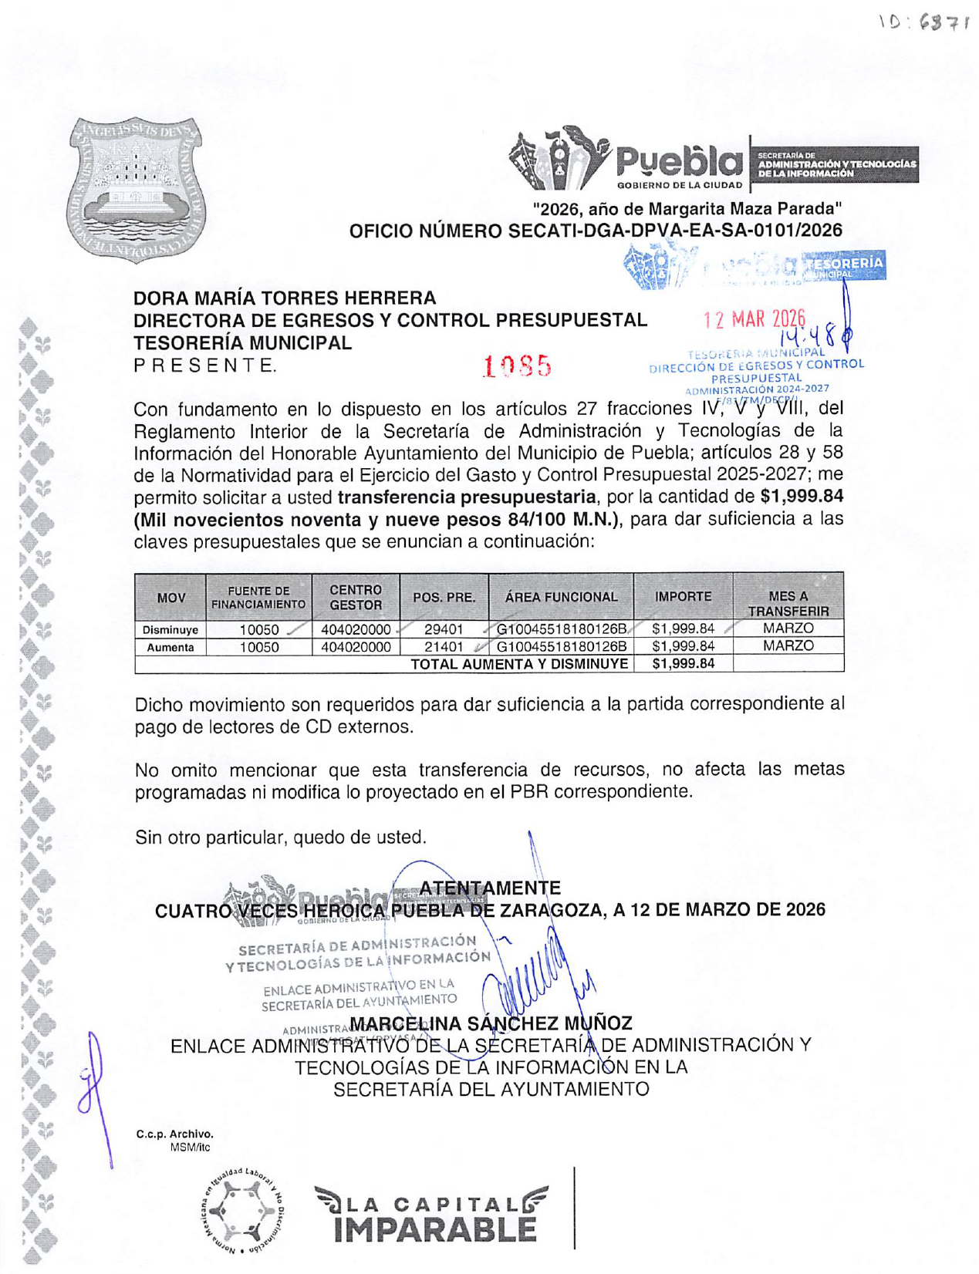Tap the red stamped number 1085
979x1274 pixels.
click(x=517, y=366)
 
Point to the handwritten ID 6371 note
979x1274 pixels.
click(x=923, y=23)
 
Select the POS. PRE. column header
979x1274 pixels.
click(x=444, y=597)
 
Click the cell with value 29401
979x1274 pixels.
click(x=444, y=629)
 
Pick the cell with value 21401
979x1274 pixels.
click(x=444, y=647)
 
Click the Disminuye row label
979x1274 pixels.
click(x=170, y=630)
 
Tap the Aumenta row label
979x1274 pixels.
click(x=170, y=648)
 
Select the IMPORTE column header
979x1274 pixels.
click(x=683, y=596)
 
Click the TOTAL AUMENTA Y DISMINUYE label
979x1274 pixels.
click(x=519, y=664)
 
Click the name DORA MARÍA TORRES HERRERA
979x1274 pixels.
click(x=285, y=298)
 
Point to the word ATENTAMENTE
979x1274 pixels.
click(x=490, y=888)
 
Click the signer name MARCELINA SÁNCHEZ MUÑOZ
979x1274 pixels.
click(x=491, y=1023)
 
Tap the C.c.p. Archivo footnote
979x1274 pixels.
click(x=174, y=1134)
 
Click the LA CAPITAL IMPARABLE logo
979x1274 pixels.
click(x=432, y=1215)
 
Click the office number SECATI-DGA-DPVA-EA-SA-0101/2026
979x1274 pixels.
click(x=596, y=231)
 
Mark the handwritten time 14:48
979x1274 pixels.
click(x=807, y=336)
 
